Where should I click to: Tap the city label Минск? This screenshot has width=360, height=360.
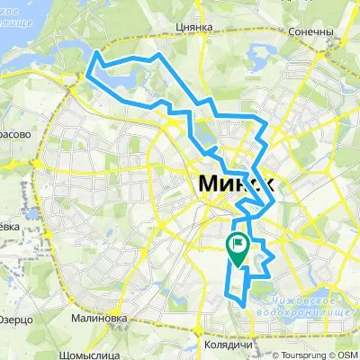(232, 184)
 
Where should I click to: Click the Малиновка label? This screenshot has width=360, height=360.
(99, 318)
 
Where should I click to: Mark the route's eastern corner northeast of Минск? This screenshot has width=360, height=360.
(265, 121)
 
